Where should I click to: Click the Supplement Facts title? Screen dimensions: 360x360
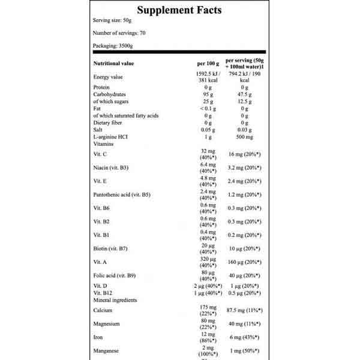(x=179, y=10)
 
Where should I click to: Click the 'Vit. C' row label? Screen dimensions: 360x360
(x=101, y=155)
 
